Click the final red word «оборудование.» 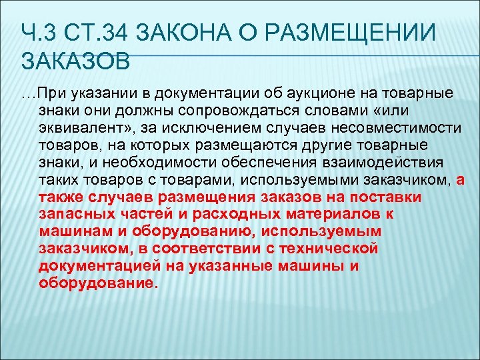pyautogui.click(x=100, y=283)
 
